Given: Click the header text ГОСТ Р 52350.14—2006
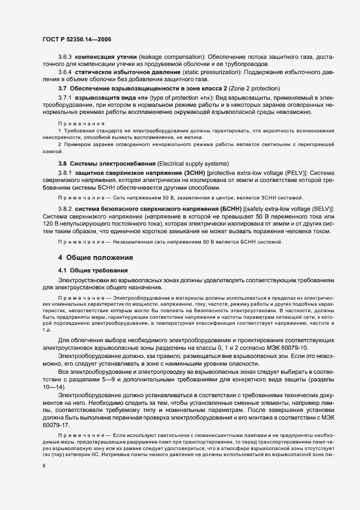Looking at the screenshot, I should coord(77,39).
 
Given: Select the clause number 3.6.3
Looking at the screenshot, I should coord(65,57).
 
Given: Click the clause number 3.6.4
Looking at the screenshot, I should coord(65,71).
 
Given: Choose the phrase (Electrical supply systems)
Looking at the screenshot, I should coord(190,164).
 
